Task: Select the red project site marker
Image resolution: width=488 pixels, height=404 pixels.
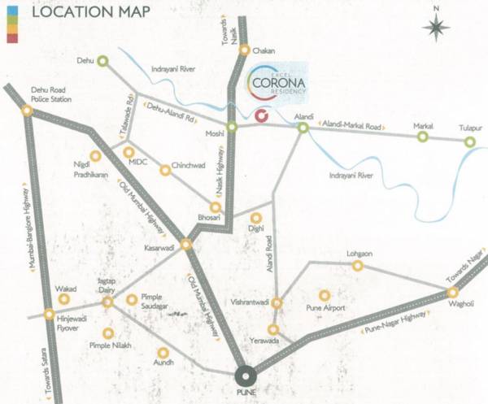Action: click(260, 115)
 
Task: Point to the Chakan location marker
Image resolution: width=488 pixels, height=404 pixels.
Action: click(245, 50)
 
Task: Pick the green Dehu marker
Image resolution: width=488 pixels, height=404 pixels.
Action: click(103, 60)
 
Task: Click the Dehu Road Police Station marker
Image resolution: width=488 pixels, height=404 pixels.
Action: click(28, 113)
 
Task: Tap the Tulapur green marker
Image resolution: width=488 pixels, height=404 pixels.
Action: click(469, 142)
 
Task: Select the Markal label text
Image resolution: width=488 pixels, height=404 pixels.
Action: click(424, 127)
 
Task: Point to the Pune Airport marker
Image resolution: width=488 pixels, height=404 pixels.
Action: click(325, 296)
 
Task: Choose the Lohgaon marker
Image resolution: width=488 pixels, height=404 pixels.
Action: click(357, 267)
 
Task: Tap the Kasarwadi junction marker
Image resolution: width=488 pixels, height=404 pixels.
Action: click(185, 244)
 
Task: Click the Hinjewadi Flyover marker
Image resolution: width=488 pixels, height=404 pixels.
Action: click(50, 315)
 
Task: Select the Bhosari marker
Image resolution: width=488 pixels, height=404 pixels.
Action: click(216, 206)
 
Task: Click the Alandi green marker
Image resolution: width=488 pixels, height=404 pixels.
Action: click(302, 128)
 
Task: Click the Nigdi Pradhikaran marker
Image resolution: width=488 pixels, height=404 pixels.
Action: click(95, 156)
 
